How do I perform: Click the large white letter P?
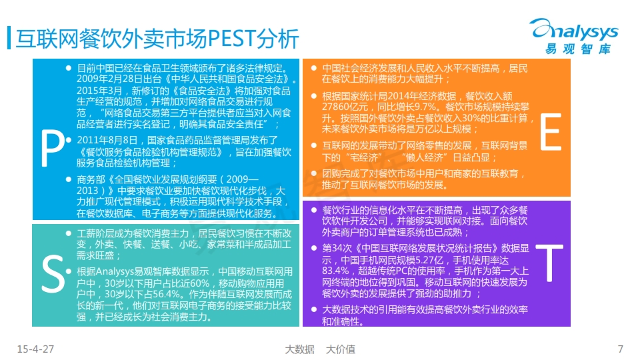(52, 149)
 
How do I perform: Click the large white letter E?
(551, 132)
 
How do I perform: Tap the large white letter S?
(53, 274)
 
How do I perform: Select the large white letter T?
(549, 263)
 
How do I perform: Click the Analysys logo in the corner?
(574, 36)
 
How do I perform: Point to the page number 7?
(621, 349)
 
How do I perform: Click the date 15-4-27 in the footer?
(35, 349)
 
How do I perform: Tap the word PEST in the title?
(232, 39)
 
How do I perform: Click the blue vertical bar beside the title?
(9, 38)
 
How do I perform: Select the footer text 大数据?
(299, 349)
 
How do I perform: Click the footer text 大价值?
(341, 349)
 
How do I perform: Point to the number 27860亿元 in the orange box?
(345, 107)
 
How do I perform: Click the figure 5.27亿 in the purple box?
(429, 260)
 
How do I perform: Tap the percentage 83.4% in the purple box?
(335, 271)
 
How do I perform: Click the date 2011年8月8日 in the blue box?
(107, 141)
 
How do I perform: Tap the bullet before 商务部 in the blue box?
(69, 179)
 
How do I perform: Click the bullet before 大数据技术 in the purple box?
(314, 309)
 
